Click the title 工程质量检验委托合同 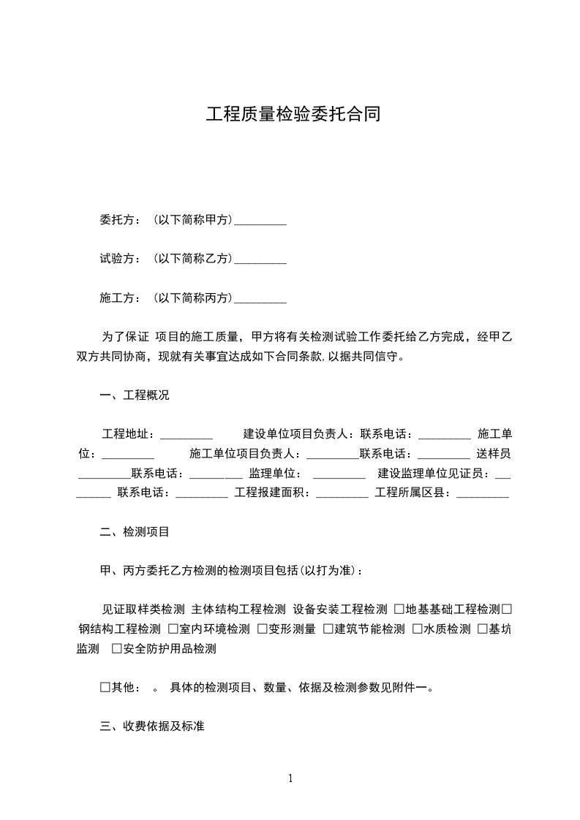click(x=293, y=115)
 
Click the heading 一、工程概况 click(x=134, y=395)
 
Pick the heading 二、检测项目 click(x=134, y=532)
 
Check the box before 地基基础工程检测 click(x=399, y=610)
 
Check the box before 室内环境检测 click(x=173, y=629)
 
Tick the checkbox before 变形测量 click(x=262, y=629)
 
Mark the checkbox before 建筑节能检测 click(x=328, y=629)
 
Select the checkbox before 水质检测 click(x=417, y=629)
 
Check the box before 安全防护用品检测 click(x=116, y=648)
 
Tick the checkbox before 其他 click(x=105, y=688)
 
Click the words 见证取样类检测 click(x=143, y=610)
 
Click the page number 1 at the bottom click(x=290, y=779)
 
